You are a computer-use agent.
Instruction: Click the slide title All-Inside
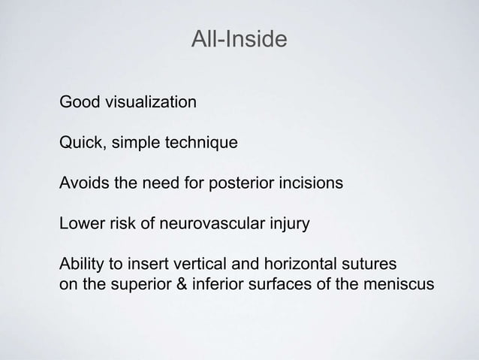[239, 39]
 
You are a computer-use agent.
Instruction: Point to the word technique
[201, 143]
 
